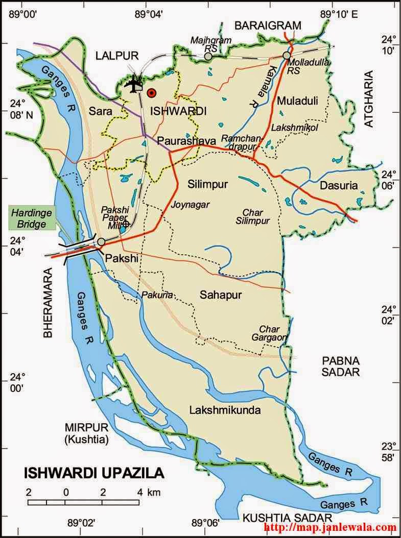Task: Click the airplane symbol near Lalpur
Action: click(134, 84)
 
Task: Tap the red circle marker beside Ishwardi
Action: click(151, 93)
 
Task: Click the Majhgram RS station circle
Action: click(208, 57)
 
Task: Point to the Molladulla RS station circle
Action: click(287, 55)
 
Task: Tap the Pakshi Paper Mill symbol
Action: click(126, 224)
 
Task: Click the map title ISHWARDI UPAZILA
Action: click(94, 473)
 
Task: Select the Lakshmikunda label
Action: click(225, 410)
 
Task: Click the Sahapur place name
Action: click(220, 295)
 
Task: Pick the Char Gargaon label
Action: click(269, 333)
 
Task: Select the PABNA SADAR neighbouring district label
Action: click(341, 366)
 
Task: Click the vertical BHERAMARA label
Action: click(48, 303)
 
